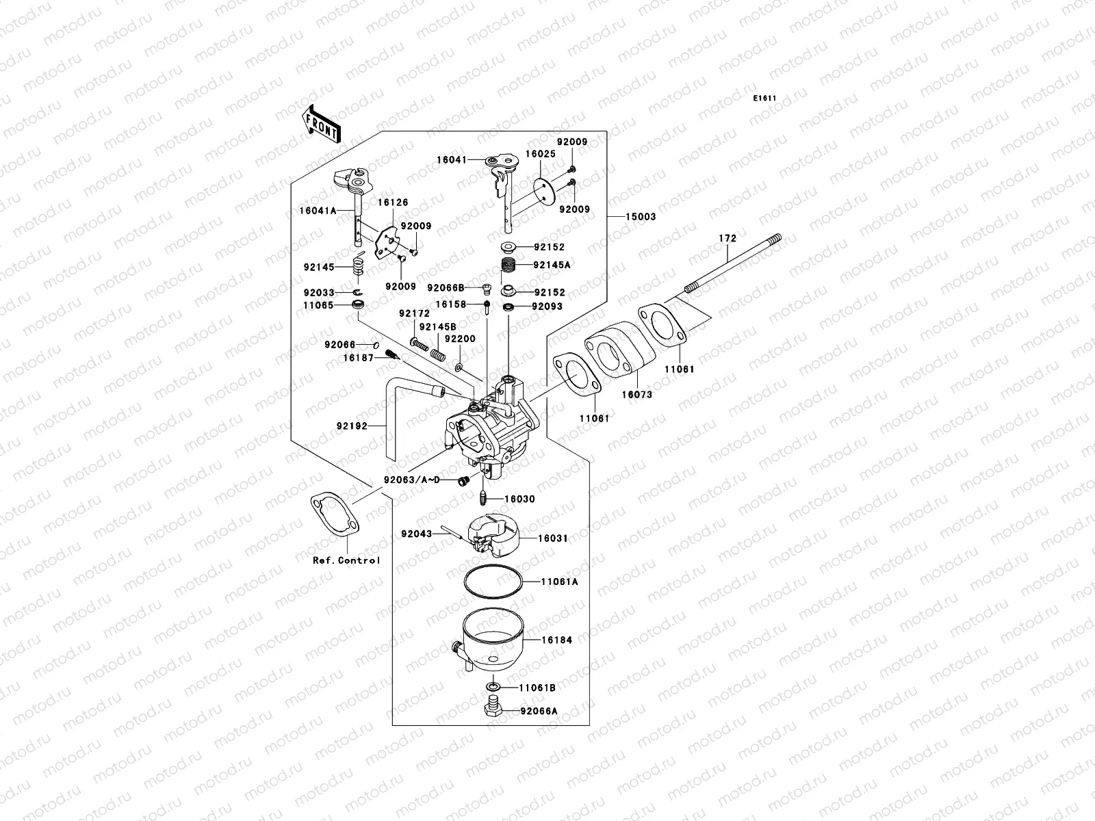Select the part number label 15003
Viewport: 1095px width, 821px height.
[640, 217]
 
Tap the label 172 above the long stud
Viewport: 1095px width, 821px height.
[727, 239]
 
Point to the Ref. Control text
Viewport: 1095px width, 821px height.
[346, 560]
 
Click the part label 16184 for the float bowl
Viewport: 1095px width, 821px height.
[556, 640]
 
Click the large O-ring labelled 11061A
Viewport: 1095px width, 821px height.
[493, 582]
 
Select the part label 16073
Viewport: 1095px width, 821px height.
[636, 395]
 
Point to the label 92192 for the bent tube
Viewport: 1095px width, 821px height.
[352, 426]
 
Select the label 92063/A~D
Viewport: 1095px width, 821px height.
[412, 480]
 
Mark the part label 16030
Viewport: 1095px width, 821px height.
[519, 499]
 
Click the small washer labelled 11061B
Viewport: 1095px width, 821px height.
[492, 686]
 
